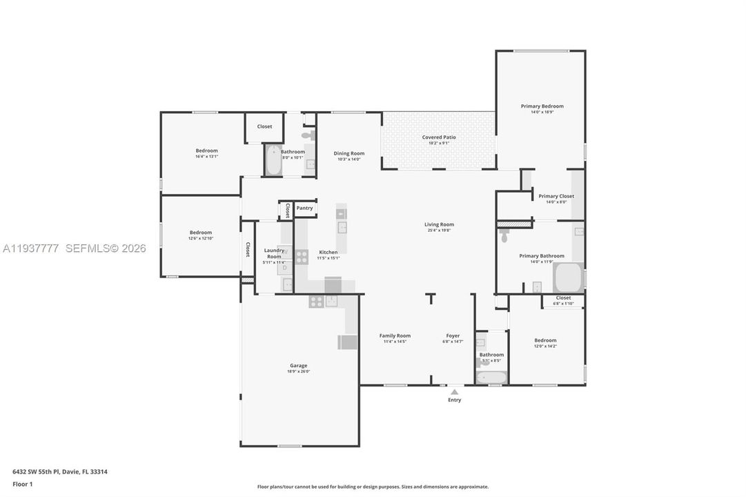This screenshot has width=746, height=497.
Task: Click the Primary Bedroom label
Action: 542,106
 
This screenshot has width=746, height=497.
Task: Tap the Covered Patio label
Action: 439,137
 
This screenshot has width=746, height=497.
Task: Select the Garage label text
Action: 298,366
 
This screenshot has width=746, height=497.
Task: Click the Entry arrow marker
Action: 454,391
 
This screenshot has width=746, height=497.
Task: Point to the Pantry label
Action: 304,208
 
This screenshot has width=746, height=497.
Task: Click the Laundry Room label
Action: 274,253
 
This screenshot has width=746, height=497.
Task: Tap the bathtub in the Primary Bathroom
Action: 569,277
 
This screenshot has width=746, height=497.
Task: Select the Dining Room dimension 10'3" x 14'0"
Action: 349,159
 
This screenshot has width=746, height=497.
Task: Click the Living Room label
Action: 439,224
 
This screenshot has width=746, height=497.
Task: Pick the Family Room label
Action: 395,335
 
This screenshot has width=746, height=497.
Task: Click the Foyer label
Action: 453,335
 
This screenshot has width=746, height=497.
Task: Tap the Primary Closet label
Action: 556,196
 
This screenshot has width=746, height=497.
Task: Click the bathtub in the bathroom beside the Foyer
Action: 492,377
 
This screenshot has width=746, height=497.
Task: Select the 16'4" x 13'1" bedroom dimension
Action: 206,157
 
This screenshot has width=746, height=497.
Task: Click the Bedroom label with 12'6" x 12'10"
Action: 201,233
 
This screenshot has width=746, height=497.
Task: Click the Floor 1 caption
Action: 22,485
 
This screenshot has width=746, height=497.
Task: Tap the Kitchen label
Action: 328,252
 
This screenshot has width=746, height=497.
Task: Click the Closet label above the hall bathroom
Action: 264,126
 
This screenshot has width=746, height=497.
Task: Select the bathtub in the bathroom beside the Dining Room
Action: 273,160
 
